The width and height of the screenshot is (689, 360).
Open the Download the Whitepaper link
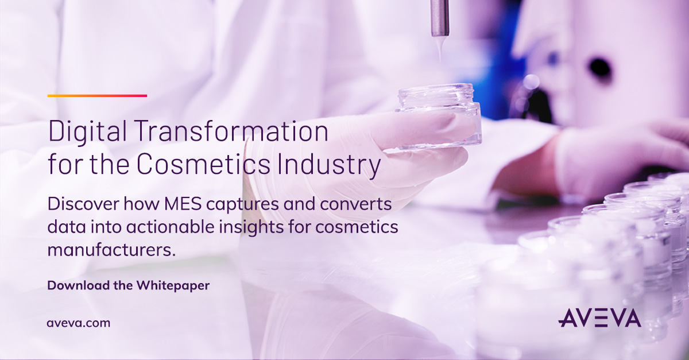(128, 285)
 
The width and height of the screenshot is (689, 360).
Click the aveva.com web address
(78, 323)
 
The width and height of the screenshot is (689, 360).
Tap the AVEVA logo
(599, 318)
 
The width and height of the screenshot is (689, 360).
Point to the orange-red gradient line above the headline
(97, 96)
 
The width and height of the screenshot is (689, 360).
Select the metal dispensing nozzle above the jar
(440, 17)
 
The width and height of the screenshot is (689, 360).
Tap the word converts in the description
(358, 204)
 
